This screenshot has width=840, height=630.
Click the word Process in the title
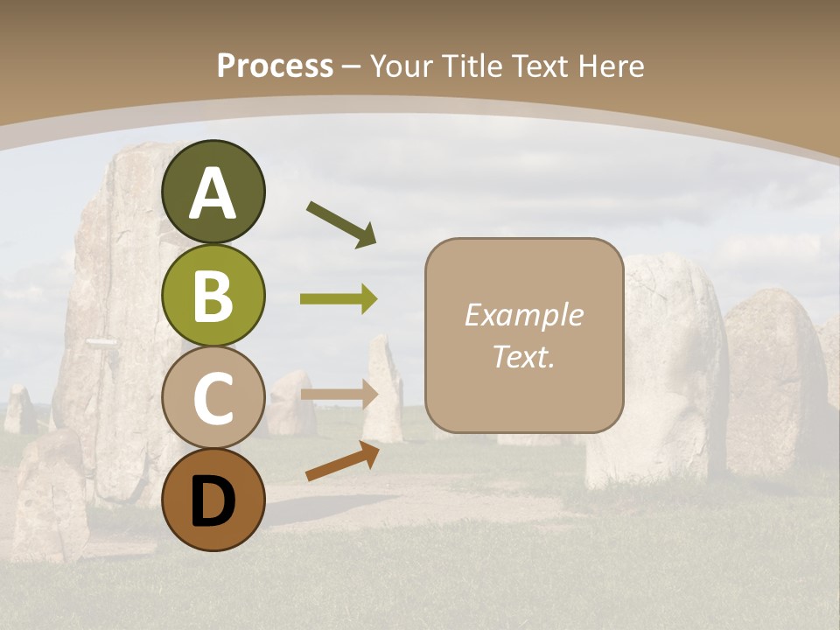click(x=275, y=66)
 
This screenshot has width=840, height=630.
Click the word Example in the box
click(x=523, y=315)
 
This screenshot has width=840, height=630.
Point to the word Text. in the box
click(x=523, y=356)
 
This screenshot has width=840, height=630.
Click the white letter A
click(x=213, y=194)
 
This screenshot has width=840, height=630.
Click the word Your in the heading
click(x=403, y=66)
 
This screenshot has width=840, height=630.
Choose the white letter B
click(x=213, y=296)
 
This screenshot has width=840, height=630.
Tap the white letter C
click(x=213, y=398)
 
